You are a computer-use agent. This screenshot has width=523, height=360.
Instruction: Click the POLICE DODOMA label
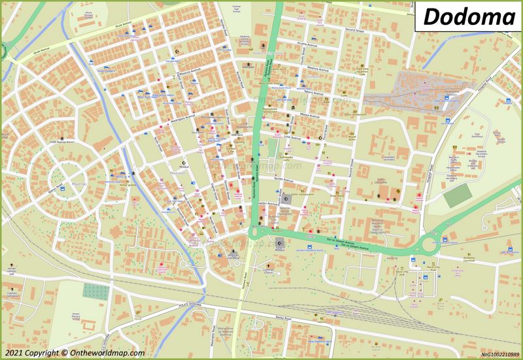pos(193,306)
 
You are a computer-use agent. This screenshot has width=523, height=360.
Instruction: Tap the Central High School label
pos(236,9)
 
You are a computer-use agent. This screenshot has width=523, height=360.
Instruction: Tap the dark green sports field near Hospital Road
pos(461,193)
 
